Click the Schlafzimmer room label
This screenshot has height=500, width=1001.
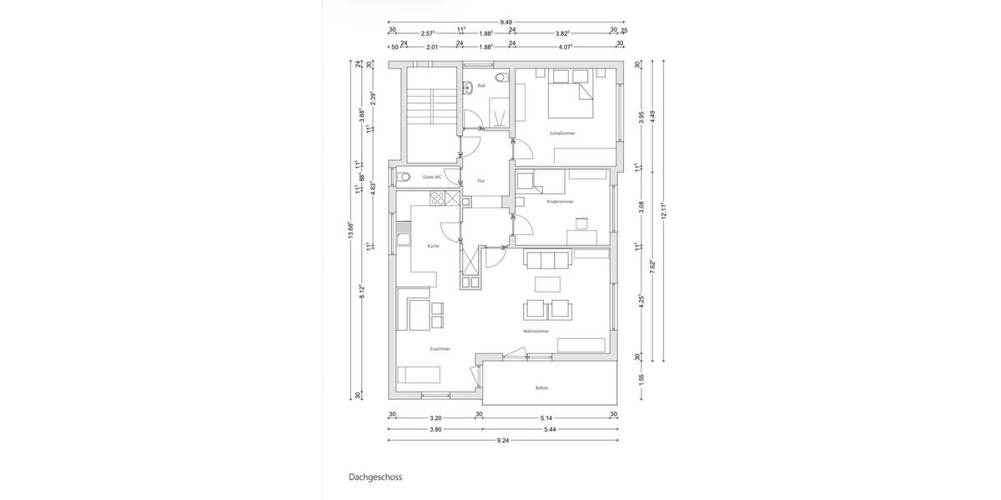[561, 133]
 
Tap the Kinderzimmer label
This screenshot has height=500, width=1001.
[560, 202]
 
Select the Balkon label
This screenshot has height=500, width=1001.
[542, 388]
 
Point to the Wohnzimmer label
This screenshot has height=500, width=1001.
[536, 332]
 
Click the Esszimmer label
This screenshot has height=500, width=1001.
[440, 349]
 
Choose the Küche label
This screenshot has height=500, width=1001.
[433, 246]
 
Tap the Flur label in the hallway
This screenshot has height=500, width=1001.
[481, 180]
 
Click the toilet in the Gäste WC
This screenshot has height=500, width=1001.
[405, 177]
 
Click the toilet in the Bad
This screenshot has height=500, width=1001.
[500, 77]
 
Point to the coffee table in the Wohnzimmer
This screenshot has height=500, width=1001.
[548, 284]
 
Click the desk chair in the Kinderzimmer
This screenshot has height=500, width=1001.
[581, 223]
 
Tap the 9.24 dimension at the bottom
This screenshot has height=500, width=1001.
[503, 440]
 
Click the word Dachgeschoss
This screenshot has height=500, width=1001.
[375, 478]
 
